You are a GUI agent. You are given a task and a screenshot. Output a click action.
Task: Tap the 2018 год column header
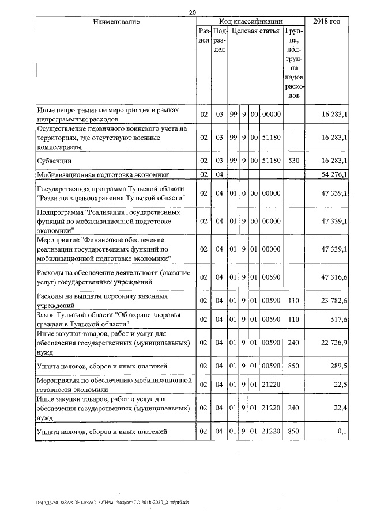pyautogui.click(x=326, y=21)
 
